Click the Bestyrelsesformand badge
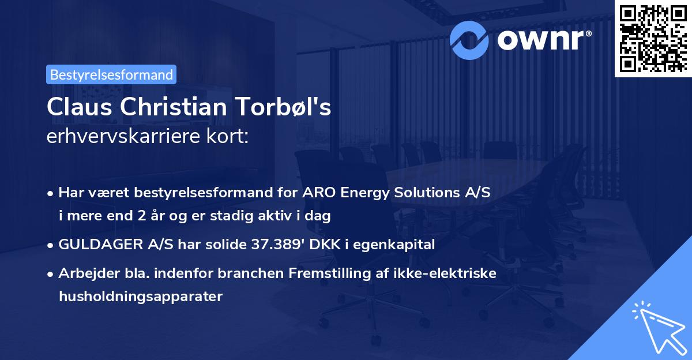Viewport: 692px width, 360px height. click(111, 74)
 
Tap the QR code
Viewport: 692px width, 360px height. click(653, 38)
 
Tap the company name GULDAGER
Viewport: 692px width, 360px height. click(97, 245)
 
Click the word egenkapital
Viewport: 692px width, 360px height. click(396, 245)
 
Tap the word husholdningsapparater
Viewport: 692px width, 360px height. click(140, 297)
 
